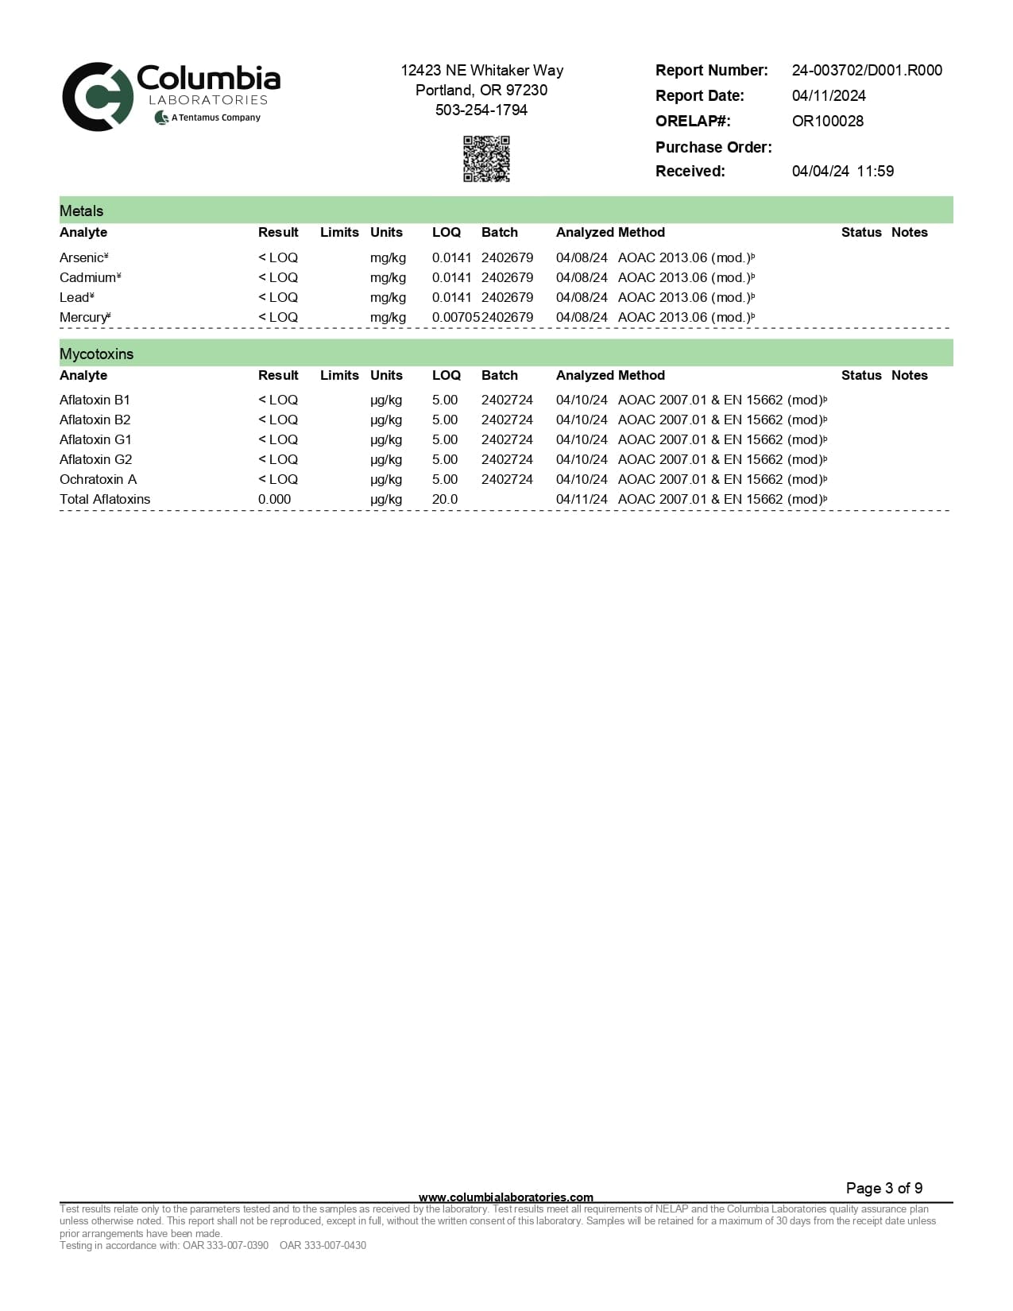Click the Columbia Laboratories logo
[x=171, y=96]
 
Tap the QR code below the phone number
[x=486, y=159]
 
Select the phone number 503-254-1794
[x=481, y=110]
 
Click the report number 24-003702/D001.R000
[x=867, y=70]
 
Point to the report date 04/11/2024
[x=829, y=95]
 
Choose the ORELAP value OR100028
[x=827, y=121]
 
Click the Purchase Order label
[x=713, y=147]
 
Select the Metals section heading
[x=81, y=211]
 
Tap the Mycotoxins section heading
[x=96, y=354]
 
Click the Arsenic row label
[x=83, y=257]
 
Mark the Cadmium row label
[x=88, y=277]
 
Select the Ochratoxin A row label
[x=98, y=479]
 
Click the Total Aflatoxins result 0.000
[x=274, y=499]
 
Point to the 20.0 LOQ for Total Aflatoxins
[x=445, y=499]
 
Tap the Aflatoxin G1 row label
[x=95, y=439]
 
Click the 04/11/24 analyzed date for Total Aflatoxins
[x=581, y=499]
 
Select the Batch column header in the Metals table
[x=499, y=232]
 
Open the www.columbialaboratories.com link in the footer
[x=505, y=1197]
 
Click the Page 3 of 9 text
[x=883, y=1188]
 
